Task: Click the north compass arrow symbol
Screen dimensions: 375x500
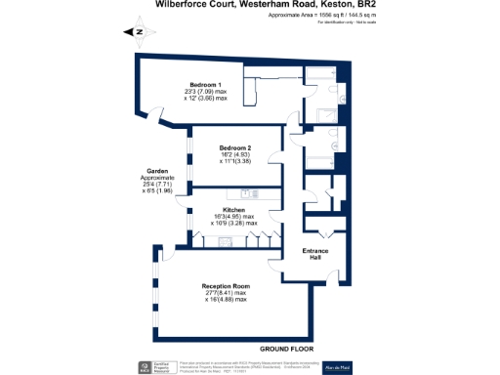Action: tap(137, 32)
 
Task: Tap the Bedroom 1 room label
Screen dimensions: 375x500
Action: tap(206, 84)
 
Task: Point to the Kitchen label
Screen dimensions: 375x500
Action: tap(232, 210)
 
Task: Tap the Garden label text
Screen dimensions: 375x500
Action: tap(157, 170)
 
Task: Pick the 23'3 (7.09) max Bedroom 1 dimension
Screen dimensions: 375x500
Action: tap(206, 92)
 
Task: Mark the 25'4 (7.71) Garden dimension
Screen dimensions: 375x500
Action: tap(157, 184)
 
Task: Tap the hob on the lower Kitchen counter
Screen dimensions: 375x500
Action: tap(223, 239)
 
